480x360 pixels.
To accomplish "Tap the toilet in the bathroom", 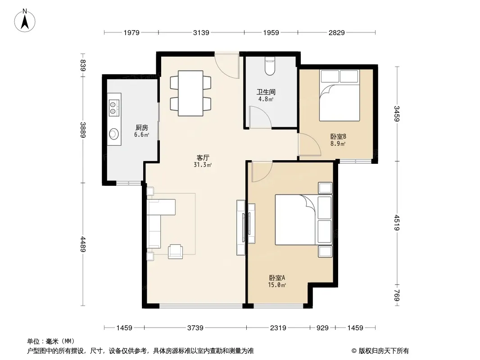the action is (x=270, y=66).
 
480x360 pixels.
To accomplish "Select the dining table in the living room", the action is (x=190, y=93).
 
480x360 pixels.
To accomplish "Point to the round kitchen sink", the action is (x=114, y=134).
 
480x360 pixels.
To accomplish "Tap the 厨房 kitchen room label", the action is (x=141, y=127).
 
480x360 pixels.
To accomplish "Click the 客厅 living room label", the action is (x=203, y=157).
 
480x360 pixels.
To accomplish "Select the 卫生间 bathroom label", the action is (x=266, y=92).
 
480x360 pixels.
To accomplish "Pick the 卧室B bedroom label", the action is (x=338, y=136).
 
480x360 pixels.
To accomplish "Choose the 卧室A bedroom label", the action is (x=277, y=278).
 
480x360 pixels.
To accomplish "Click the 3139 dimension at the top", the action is (x=201, y=32).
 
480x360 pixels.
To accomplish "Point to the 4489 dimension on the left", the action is (x=83, y=244).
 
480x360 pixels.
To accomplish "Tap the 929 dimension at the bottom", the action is (x=322, y=328).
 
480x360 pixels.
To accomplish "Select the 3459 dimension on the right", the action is (x=397, y=113).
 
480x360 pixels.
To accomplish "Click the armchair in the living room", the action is (x=176, y=252).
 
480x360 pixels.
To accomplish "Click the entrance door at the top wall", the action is (x=227, y=66).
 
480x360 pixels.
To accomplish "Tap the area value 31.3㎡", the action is (x=203, y=165).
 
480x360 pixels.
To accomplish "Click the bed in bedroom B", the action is (x=339, y=95).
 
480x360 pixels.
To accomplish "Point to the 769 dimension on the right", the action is (x=397, y=295).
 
